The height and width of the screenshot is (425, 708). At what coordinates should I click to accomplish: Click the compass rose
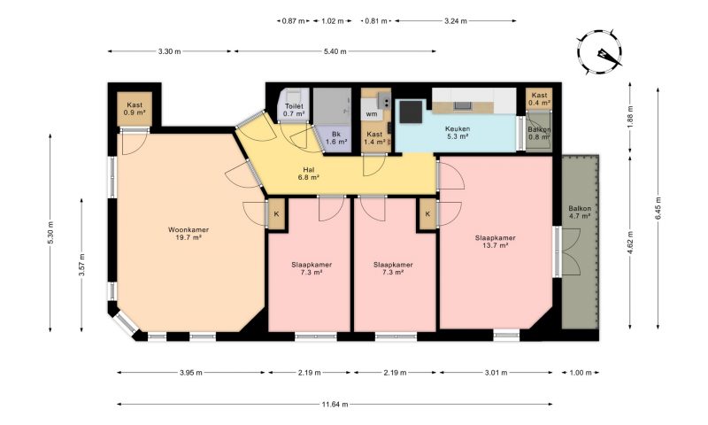point(599,52)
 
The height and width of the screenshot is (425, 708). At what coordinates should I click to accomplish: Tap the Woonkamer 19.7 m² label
point(189,234)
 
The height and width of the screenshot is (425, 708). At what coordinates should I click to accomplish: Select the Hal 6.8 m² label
point(309,174)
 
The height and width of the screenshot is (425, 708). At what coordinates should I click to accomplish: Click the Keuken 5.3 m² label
point(458,132)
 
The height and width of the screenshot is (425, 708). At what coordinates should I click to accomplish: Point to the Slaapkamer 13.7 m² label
point(496,242)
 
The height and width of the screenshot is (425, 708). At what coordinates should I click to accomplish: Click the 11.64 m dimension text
point(335,405)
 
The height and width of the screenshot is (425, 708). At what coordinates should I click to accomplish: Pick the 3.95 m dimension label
point(190,373)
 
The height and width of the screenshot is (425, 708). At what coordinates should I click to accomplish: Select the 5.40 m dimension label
point(335,51)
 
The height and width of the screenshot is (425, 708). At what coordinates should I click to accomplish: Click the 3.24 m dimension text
point(456,20)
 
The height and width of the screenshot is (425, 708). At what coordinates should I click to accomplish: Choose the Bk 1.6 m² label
point(336,138)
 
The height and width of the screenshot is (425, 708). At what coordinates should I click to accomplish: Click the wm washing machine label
point(372,114)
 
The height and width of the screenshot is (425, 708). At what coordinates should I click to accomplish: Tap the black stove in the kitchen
point(411,112)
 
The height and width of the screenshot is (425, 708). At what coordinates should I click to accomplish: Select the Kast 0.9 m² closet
point(135,109)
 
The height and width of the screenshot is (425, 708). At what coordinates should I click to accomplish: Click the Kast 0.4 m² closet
point(539,99)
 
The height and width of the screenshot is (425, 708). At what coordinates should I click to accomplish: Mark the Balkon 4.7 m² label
point(580,212)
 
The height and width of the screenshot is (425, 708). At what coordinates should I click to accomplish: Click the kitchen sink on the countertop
point(463,106)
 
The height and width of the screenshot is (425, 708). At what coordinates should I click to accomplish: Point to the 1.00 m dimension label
point(581,373)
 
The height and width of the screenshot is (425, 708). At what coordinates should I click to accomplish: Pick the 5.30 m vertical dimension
point(50,233)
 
